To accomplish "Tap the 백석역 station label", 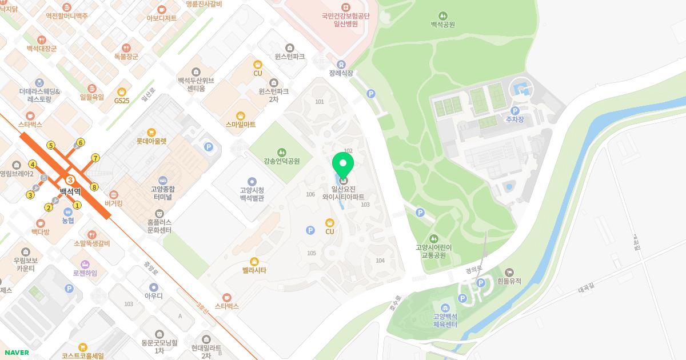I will pyautogui.click(x=70, y=191).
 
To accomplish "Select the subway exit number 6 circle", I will pyautogui.click(x=81, y=142).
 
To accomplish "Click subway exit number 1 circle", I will pyautogui.click(x=77, y=205).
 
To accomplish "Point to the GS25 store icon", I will pyautogui.click(x=121, y=91).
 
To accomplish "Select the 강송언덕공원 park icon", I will pyautogui.click(x=281, y=152).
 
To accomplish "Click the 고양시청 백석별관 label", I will pyautogui.click(x=252, y=194).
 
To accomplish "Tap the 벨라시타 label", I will pyautogui.click(x=254, y=270).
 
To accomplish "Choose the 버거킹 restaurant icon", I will pyautogui.click(x=114, y=194).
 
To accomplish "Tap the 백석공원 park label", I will pyautogui.click(x=442, y=25).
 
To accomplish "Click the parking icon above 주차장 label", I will pyautogui.click(x=514, y=110).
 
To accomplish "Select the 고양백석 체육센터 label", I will pyautogui.click(x=445, y=321).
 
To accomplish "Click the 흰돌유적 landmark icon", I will pyautogui.click(x=509, y=272).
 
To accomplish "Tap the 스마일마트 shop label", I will pyautogui.click(x=241, y=124).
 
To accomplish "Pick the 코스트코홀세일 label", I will pyautogui.click(x=83, y=355).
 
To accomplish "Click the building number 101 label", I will pyautogui.click(x=319, y=102).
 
